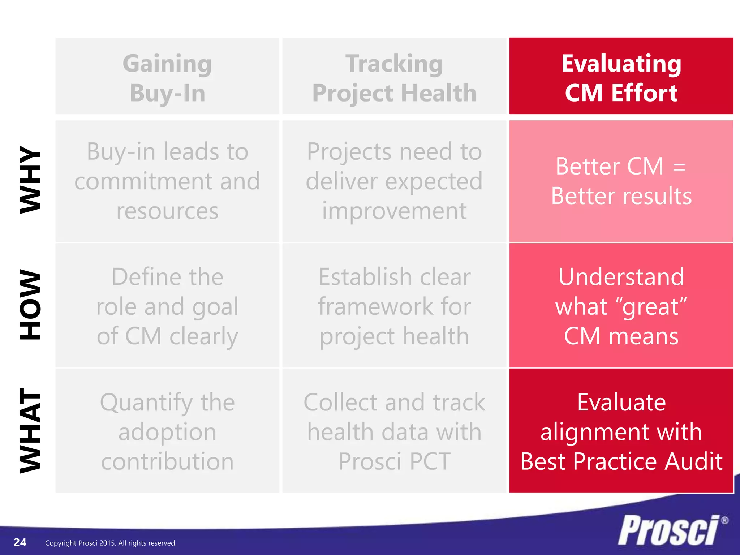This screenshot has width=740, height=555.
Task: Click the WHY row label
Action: pyautogui.click(x=30, y=180)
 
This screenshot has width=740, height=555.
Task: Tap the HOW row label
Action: pyautogui.click(x=30, y=304)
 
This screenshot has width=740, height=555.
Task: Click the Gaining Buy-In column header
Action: pyautogui.click(x=167, y=77)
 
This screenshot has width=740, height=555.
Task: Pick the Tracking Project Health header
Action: pyautogui.click(x=394, y=77)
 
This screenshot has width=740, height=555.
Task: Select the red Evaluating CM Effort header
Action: pyautogui.click(x=621, y=77)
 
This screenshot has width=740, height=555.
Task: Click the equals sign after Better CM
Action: pyautogui.click(x=679, y=167)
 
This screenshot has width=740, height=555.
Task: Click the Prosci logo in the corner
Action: pyautogui.click(x=668, y=530)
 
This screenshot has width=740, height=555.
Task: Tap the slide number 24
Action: pyautogui.click(x=20, y=542)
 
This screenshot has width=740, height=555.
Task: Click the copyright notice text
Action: pyautogui.click(x=111, y=543)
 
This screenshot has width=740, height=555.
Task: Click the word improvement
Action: pyautogui.click(x=394, y=211)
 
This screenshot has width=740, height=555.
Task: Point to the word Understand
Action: pyautogui.click(x=621, y=277)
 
